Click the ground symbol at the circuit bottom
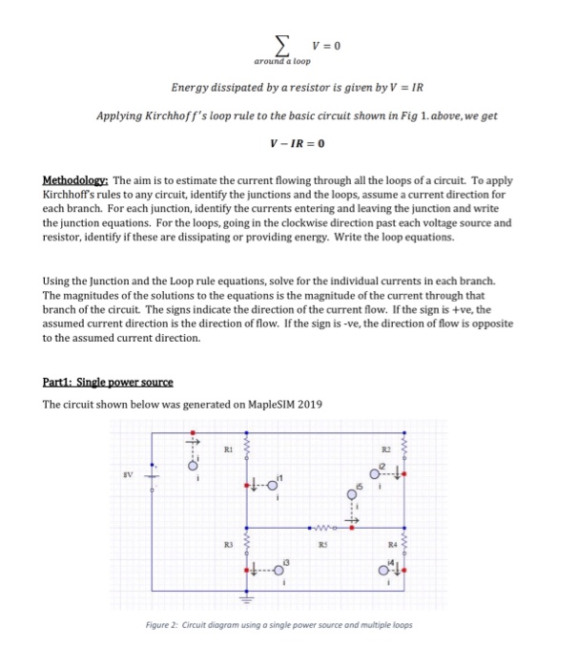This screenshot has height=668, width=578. (x=247, y=598)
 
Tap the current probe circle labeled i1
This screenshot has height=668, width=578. (x=272, y=486)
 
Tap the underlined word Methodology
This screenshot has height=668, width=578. (x=76, y=179)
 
